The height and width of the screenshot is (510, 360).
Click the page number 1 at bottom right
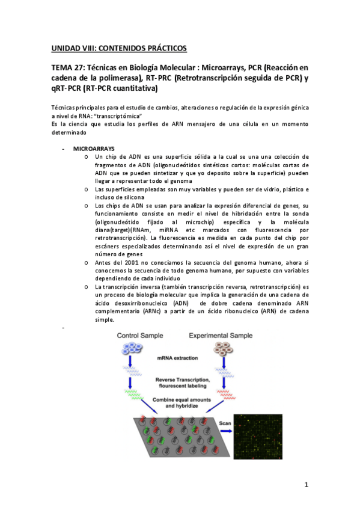coord(306,485)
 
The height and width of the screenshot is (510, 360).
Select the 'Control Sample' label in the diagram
coord(142,335)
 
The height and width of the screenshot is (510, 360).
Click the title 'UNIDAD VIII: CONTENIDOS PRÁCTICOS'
coord(118,48)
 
